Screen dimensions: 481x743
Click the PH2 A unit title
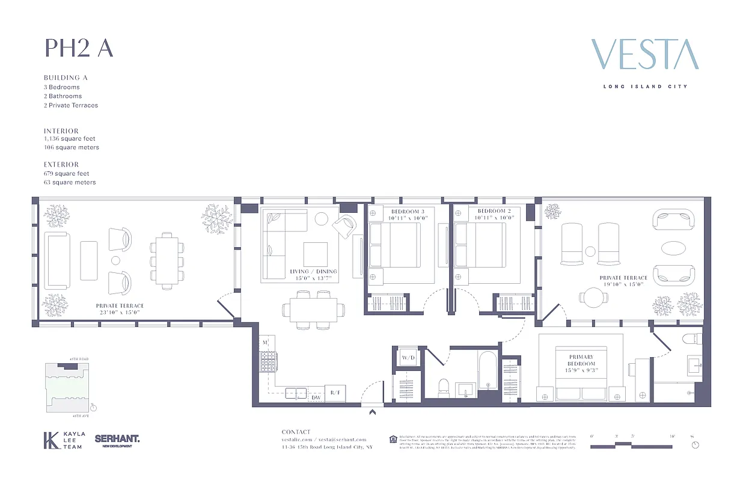[x=79, y=48]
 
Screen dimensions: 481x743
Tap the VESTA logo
[x=645, y=55]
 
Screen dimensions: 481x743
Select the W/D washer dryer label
[x=409, y=358]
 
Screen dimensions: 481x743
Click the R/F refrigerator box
[x=335, y=393]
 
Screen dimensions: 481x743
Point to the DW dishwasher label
[x=316, y=397]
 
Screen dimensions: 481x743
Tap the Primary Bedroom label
[x=581, y=360]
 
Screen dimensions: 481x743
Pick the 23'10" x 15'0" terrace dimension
[x=119, y=313]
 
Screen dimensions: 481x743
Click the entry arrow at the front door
[x=373, y=412]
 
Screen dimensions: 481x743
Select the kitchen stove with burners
[x=267, y=361]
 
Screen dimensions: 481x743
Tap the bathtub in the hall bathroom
[x=486, y=373]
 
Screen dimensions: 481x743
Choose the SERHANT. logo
[x=117, y=440]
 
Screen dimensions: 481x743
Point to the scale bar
[x=631, y=445]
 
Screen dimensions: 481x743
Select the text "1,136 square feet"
[x=70, y=139]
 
